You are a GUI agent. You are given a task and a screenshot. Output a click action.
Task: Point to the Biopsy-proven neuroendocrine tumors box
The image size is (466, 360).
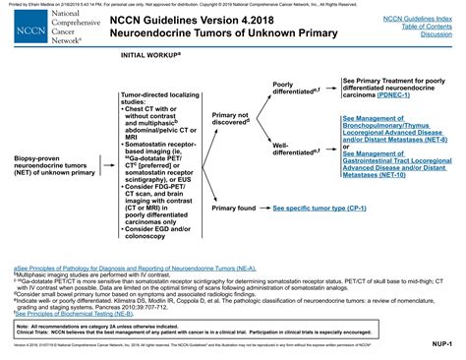coord(48,160)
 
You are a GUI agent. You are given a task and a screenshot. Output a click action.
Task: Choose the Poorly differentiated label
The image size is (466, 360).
coord(297,90)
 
